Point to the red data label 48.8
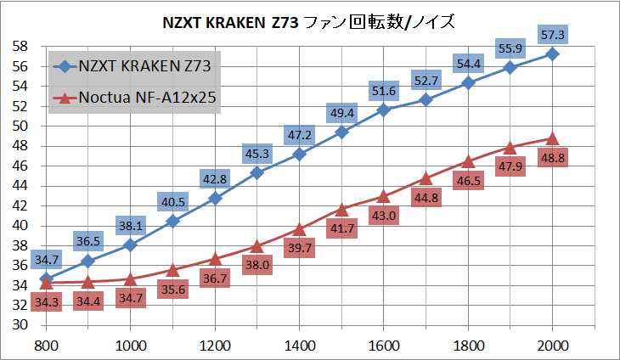click(552, 158)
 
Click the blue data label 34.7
click(46, 258)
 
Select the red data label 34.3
click(46, 303)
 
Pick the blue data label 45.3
click(256, 154)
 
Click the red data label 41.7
click(341, 228)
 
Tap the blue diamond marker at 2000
click(552, 53)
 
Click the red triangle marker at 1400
click(299, 228)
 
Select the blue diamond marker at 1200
click(215, 198)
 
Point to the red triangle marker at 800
click(46, 283)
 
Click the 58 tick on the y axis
click(24, 46)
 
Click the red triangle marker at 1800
click(468, 161)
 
